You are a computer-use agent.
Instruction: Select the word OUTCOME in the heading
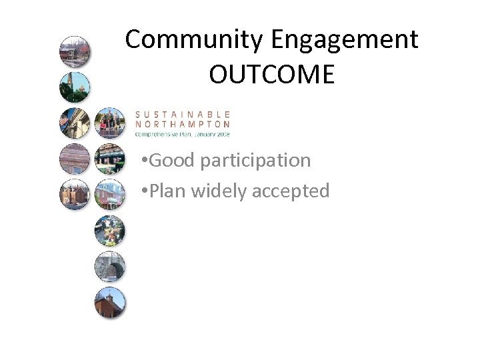pyautogui.click(x=271, y=75)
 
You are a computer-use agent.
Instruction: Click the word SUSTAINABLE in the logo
pyautogui.click(x=183, y=114)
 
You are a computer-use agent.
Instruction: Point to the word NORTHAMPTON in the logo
pyautogui.click(x=183, y=123)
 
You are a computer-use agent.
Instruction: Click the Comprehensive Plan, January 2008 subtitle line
pyautogui.click(x=183, y=133)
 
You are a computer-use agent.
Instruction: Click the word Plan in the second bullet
pyautogui.click(x=169, y=191)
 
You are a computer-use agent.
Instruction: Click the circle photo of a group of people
pyautogui.click(x=109, y=122)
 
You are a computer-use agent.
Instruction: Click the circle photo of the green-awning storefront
pyautogui.click(x=109, y=158)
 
